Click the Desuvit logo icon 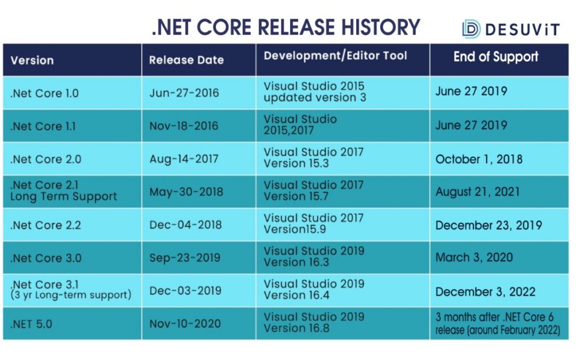click(471, 29)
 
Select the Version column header click(32, 60)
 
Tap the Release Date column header click(186, 60)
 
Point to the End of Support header click(495, 57)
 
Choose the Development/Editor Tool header click(335, 55)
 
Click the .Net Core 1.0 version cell click(44, 93)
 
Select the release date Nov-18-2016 click(183, 126)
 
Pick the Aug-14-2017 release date click(183, 159)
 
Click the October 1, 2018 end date click(478, 159)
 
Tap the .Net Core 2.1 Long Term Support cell click(63, 191)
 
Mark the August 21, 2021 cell click(477, 192)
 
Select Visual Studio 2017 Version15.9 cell click(314, 223)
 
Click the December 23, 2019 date click(489, 225)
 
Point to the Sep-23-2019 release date click(185, 258)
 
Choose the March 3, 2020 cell click(474, 257)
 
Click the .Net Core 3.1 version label click(44, 284)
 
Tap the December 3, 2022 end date click(485, 292)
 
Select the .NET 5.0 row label click(31, 324)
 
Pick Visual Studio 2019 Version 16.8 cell click(314, 322)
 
